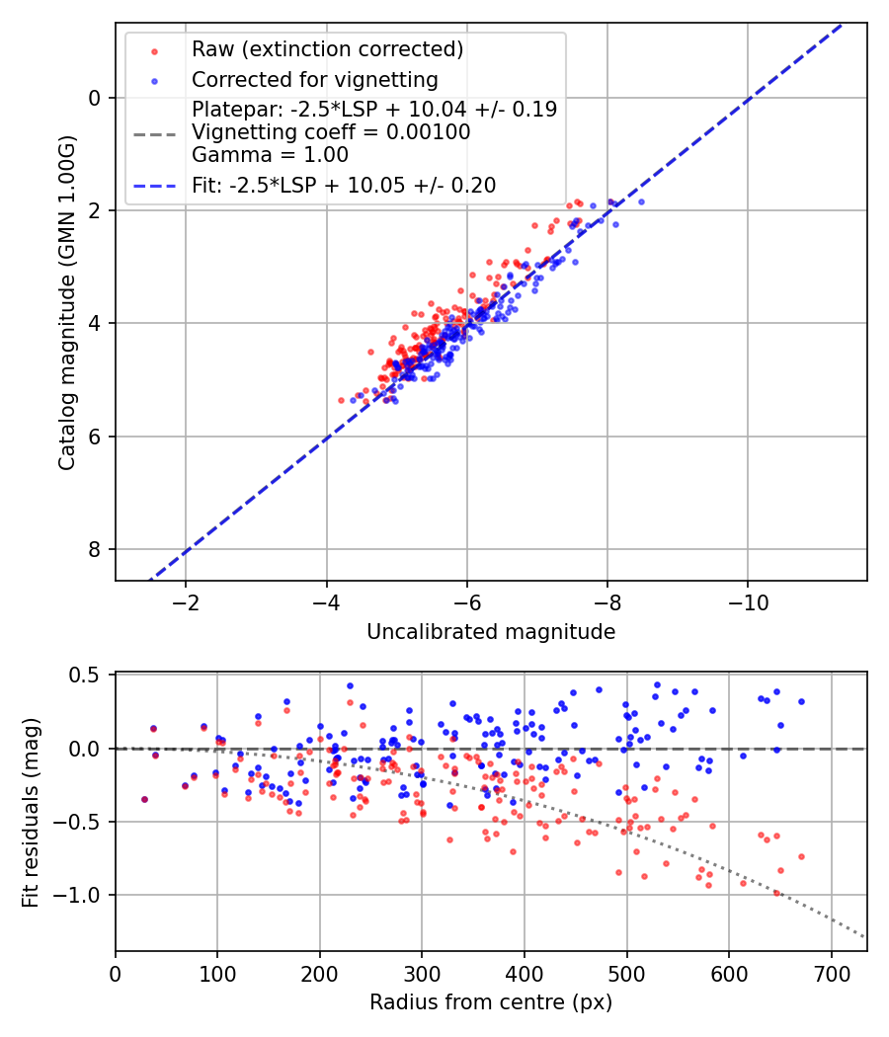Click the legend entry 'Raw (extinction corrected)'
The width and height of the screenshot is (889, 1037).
pyautogui.click(x=327, y=49)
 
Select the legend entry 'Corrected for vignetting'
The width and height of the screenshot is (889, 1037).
pyautogui.click(x=315, y=79)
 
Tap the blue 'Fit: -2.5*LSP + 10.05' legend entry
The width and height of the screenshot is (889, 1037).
pyautogui.click(x=344, y=185)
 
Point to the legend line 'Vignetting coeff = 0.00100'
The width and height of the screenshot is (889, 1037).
pyautogui.click(x=331, y=132)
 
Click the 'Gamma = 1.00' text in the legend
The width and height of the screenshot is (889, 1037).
pyautogui.click(x=270, y=154)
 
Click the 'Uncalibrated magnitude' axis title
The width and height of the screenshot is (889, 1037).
pyautogui.click(x=491, y=632)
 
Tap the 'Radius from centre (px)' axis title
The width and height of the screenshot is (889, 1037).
pyautogui.click(x=491, y=1002)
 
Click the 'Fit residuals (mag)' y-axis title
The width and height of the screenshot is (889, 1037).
pyautogui.click(x=31, y=813)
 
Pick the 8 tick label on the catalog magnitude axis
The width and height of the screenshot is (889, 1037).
pyautogui.click(x=95, y=549)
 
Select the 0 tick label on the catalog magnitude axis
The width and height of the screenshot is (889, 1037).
pyautogui.click(x=95, y=98)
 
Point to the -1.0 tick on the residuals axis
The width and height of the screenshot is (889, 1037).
pyautogui.click(x=82, y=895)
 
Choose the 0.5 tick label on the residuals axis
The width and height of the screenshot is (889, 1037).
pyautogui.click(x=88, y=676)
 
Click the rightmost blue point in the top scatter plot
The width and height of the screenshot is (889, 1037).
pyautogui.click(x=641, y=201)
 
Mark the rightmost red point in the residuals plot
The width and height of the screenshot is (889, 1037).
pyautogui.click(x=801, y=856)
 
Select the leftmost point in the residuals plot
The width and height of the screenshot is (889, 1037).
pyautogui.click(x=144, y=799)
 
